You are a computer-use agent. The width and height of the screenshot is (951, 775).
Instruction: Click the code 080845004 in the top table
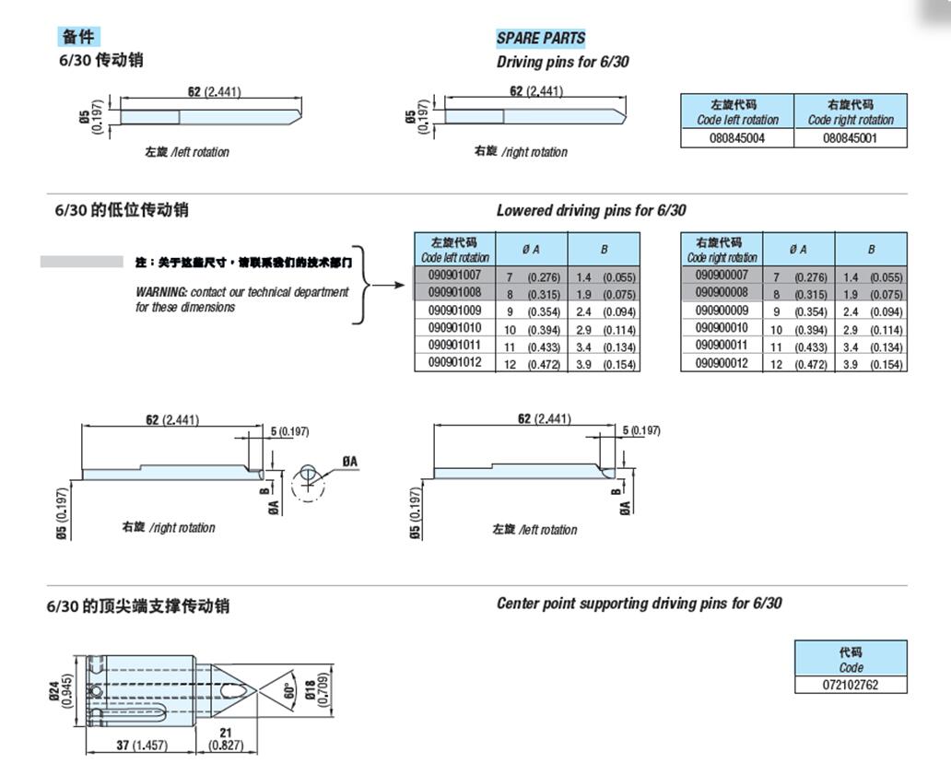[737, 138]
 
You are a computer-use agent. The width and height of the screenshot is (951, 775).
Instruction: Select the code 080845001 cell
[850, 138]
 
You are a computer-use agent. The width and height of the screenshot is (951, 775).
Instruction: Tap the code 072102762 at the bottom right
[851, 685]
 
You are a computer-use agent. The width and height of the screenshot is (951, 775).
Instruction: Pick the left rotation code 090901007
[454, 276]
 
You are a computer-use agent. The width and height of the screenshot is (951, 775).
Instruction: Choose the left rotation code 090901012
[454, 363]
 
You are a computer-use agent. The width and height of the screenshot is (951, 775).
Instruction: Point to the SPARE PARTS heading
[540, 38]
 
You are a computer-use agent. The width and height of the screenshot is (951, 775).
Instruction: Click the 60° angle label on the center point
[288, 689]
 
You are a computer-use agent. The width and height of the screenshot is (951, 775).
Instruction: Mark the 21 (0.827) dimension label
[226, 738]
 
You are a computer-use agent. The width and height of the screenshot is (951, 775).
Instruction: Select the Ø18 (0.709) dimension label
[315, 687]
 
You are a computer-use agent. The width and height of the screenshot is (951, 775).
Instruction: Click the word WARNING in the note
[160, 292]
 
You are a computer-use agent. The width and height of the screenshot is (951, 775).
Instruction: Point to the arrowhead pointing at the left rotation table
[401, 284]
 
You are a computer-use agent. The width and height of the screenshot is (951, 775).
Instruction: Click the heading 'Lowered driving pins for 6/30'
[591, 210]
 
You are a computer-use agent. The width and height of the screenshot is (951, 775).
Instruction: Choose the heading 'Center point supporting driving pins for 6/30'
[639, 604]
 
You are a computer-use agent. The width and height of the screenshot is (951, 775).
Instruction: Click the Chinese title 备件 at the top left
[78, 37]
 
